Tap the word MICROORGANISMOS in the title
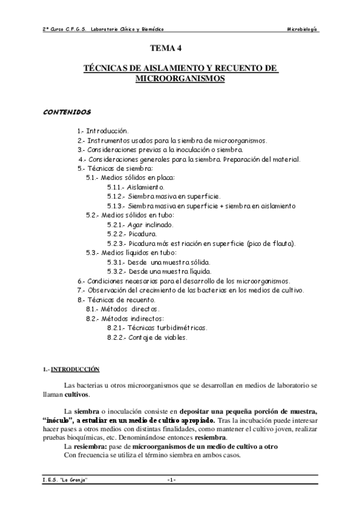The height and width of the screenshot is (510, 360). coord(180,79)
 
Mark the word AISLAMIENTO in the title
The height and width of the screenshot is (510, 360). coord(157,70)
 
